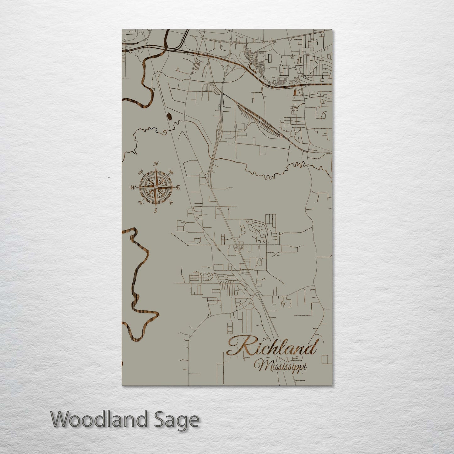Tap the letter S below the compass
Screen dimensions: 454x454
[x=156, y=211]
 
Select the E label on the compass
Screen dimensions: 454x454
[x=178, y=188]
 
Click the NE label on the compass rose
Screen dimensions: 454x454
[x=171, y=172]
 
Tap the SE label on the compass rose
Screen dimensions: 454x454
[x=171, y=203]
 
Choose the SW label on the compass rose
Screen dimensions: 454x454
[x=141, y=203]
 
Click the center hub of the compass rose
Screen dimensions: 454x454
[x=155, y=188]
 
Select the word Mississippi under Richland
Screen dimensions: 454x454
[x=281, y=366]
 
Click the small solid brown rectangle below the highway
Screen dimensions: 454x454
[x=294, y=92]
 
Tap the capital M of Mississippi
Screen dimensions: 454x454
[x=260, y=366]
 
